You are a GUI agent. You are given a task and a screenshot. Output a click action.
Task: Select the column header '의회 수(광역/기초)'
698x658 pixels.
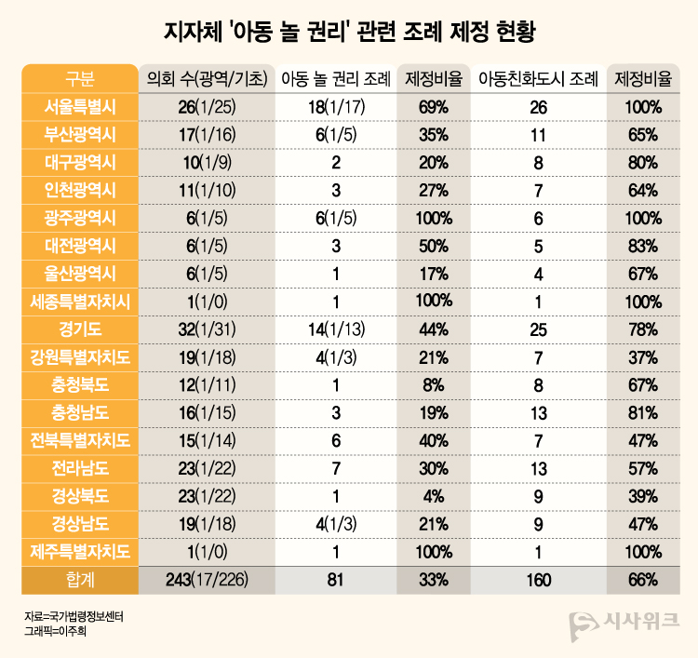click(208, 79)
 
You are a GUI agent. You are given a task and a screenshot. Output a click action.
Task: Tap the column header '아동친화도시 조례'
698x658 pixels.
click(538, 79)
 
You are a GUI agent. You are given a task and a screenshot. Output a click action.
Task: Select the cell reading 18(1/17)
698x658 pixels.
click(335, 107)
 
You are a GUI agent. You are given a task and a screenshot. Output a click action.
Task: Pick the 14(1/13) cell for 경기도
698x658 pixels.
click(335, 329)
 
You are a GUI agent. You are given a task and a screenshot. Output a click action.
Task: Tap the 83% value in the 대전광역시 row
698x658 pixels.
click(643, 246)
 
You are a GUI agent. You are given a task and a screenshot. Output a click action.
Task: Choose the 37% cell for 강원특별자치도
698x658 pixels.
click(643, 357)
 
